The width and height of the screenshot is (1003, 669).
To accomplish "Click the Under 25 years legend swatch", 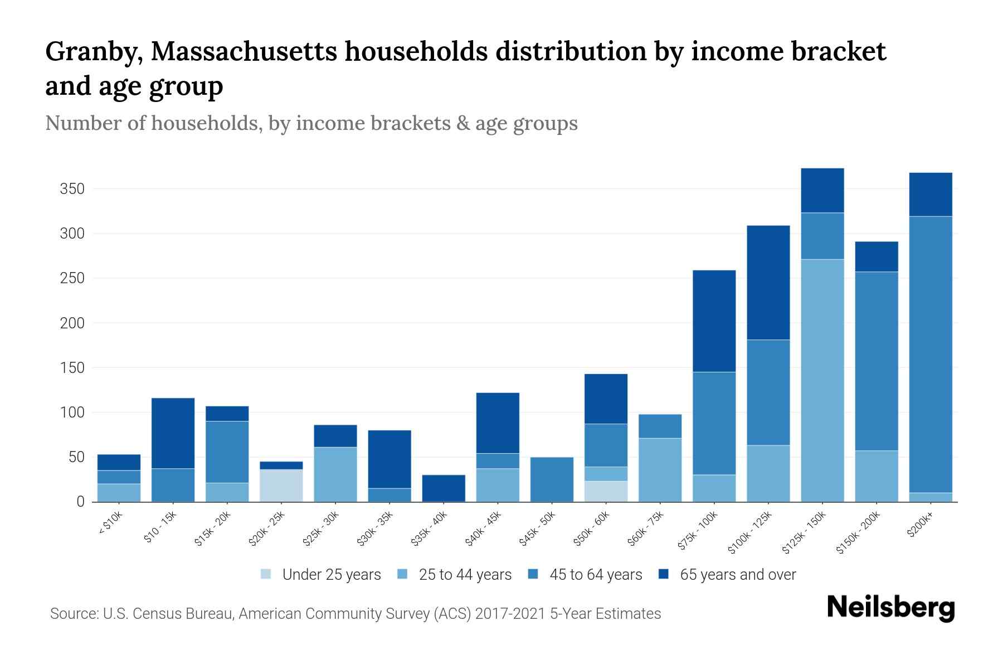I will [266, 574].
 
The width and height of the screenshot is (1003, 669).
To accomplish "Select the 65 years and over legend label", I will [738, 575].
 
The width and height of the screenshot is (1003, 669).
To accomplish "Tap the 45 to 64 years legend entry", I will [595, 575].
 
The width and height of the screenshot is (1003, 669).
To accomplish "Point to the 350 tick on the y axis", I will [72, 189].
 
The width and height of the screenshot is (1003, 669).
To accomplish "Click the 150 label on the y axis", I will [72, 368].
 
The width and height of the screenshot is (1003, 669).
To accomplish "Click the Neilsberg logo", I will [890, 608].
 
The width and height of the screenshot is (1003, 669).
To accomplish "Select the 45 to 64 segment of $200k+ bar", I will [930, 354].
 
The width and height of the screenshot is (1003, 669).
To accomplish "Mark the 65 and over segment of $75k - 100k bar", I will [714, 321].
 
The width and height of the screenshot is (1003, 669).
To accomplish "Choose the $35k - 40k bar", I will [444, 488].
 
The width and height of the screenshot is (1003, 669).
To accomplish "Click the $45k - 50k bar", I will [552, 479].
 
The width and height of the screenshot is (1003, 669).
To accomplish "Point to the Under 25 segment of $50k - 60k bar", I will [606, 491].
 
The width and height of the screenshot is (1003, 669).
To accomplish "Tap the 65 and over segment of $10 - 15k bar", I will [173, 433].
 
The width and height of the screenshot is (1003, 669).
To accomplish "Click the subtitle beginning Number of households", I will [311, 123].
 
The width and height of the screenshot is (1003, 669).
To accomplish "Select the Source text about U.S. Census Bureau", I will [355, 614].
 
